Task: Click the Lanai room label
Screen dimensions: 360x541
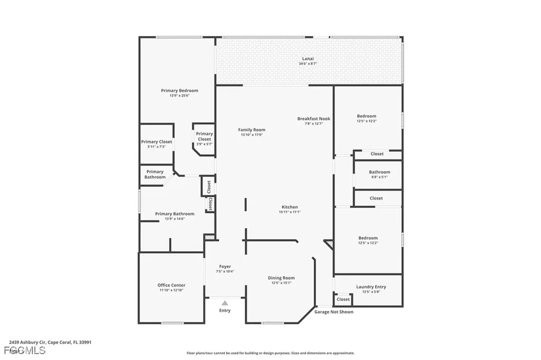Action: (309, 59)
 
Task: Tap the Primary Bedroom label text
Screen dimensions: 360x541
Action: (179, 90)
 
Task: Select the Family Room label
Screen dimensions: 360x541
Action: (251, 129)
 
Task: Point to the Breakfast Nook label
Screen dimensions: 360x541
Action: (313, 119)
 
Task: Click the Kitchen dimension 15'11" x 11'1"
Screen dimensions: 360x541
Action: (290, 212)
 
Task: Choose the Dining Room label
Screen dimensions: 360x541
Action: (281, 278)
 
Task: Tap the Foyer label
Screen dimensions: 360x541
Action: (225, 267)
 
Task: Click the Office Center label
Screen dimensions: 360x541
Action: (172, 285)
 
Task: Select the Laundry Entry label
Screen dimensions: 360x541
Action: (371, 287)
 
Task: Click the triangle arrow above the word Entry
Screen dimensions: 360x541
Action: (225, 303)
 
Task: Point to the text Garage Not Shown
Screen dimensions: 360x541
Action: (334, 312)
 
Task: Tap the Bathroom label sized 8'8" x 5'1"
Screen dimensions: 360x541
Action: (379, 172)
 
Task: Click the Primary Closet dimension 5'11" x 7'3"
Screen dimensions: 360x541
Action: (156, 147)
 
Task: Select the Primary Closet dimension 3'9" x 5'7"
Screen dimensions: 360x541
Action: (204, 144)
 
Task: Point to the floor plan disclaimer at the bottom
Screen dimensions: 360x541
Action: (270, 353)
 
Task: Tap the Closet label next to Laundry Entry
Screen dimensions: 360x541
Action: (343, 299)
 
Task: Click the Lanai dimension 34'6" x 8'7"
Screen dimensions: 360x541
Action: (309, 64)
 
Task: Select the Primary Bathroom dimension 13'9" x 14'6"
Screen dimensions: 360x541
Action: (174, 219)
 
